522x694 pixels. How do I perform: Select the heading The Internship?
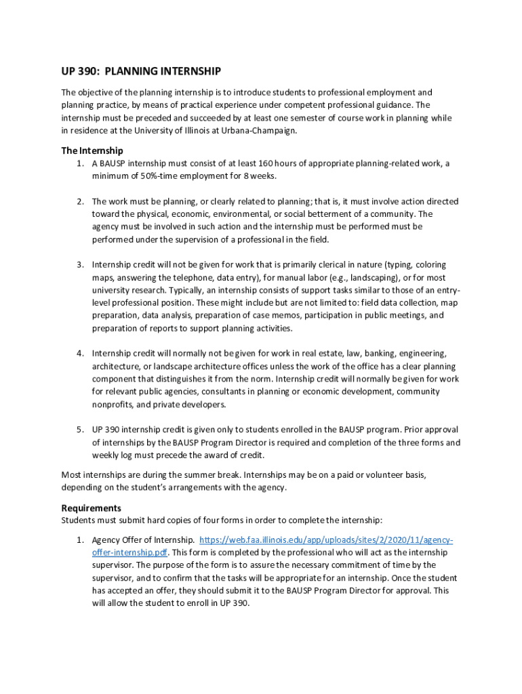point(92,150)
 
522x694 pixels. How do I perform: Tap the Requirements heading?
point(92,508)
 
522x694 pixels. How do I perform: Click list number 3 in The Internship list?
point(79,264)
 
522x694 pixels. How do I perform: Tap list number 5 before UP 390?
point(79,430)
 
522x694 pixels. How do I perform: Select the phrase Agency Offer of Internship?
point(143,539)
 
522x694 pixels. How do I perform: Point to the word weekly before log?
point(107,455)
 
